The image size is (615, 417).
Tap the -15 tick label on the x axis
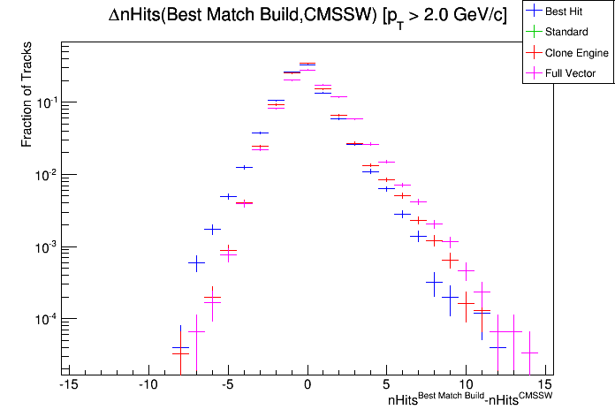[66, 384]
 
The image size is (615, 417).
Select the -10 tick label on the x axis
[147, 384]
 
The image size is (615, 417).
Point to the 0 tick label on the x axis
[307, 384]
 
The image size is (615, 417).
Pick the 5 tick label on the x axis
[387, 384]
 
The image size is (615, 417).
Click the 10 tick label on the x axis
[467, 384]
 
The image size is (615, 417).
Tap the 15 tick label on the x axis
[546, 384]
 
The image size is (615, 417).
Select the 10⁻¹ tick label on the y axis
[44, 102]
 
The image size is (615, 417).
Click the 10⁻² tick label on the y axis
[44, 175]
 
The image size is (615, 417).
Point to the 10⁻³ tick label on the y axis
[44, 246]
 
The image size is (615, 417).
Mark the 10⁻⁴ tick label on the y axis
[44, 319]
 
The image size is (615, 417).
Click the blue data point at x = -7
[196, 262]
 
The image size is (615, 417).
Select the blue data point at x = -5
[228, 196]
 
